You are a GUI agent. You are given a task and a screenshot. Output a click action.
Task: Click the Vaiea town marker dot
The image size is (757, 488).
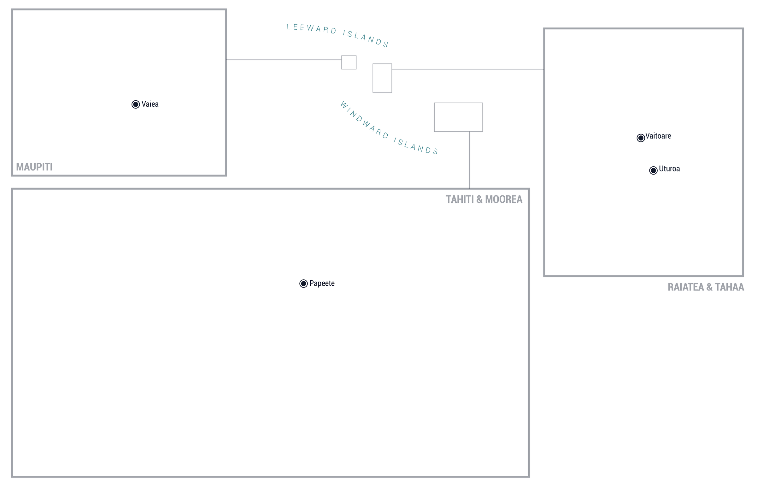click(136, 104)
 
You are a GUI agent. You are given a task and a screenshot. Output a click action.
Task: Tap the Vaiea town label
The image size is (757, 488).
click(150, 104)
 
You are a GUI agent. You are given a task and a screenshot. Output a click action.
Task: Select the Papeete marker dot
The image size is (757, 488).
click(303, 283)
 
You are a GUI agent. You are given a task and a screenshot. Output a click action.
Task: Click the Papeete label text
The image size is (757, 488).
click(322, 283)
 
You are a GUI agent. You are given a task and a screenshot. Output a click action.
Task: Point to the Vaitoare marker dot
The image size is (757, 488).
click(641, 138)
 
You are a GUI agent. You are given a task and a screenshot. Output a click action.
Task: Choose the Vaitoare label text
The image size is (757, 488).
click(658, 136)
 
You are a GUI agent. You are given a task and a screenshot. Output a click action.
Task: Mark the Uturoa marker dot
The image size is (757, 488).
click(653, 170)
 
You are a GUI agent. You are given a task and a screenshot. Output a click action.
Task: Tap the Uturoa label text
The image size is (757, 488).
click(669, 169)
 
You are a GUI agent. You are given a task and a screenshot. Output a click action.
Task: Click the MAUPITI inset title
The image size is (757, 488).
click(34, 167)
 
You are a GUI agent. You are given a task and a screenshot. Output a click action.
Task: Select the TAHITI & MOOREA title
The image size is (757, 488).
click(484, 199)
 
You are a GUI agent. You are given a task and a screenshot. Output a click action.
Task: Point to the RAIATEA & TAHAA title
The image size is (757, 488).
click(706, 287)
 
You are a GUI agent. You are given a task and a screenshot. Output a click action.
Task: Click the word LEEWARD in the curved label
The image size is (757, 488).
click(311, 28)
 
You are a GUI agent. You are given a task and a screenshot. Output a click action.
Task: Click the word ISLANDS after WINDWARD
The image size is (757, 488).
click(416, 146)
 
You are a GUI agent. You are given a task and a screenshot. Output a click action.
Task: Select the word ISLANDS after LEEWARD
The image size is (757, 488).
click(366, 39)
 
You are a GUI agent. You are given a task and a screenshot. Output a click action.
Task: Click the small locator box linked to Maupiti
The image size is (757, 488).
click(349, 62)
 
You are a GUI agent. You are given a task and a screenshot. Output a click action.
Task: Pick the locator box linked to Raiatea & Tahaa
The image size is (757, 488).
click(382, 78)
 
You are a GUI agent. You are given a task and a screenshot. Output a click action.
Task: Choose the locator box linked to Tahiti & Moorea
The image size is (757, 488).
click(458, 117)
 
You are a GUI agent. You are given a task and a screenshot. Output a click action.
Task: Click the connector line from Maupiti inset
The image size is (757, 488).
click(284, 60)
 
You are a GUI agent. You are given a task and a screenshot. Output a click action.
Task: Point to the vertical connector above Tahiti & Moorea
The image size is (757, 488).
click(470, 160)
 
